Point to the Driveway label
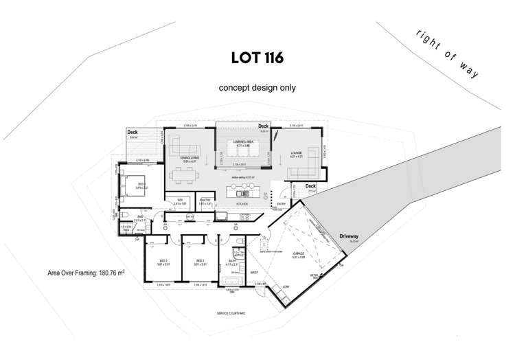tap(349, 236)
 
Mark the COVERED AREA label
tap(245, 141)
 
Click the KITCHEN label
tap(242, 204)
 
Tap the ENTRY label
tap(282, 203)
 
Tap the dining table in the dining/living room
tap(183, 176)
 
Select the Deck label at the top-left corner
tap(133, 132)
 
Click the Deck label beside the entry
tap(310, 186)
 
